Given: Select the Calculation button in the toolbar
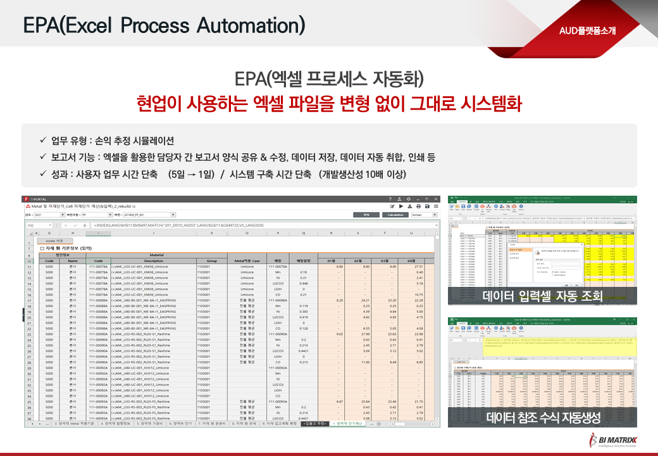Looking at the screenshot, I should [395, 215].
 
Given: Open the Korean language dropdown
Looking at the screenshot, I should [423, 215].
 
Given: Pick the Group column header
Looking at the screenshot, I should [211, 260].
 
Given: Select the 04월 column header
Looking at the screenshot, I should [413, 260].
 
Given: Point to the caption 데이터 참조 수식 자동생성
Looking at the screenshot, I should [542, 417].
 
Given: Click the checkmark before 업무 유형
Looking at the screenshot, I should [42, 141].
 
